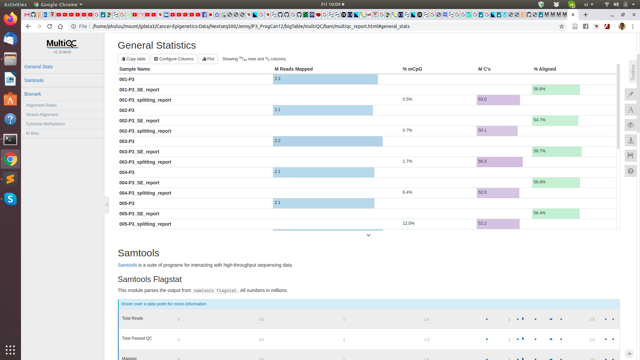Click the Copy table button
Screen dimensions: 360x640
(133, 59)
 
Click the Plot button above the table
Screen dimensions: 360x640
(208, 59)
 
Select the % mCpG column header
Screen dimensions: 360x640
(412, 69)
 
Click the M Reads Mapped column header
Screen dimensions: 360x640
(293, 69)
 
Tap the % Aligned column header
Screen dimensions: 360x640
(544, 69)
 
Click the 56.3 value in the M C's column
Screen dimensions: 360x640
(482, 161)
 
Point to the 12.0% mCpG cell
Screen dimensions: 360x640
(408, 223)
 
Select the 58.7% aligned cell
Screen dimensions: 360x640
(539, 151)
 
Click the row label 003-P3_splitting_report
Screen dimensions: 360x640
(145, 162)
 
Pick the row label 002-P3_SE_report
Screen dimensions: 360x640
(139, 121)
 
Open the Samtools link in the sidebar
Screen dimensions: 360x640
(34, 80)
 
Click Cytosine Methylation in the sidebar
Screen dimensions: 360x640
(45, 124)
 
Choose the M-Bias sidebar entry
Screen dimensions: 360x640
(32, 133)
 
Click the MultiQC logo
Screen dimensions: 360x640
(62, 44)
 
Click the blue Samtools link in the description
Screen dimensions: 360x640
(127, 265)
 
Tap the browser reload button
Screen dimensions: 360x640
(50, 26)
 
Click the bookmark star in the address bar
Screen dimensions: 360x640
(562, 26)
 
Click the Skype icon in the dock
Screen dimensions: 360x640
(10, 199)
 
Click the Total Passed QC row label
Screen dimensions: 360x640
(137, 338)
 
